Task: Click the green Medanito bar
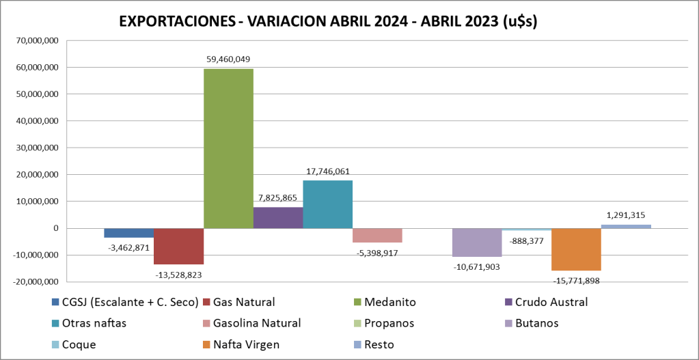coord(228,148)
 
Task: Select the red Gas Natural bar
coord(178,246)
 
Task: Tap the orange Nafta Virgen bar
coord(576,249)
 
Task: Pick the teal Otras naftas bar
coord(327,204)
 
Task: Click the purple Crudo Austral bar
coord(278,217)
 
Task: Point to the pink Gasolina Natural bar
coord(377,235)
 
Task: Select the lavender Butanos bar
coord(477,243)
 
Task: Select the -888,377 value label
coord(526,240)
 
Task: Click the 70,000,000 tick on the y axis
coord(38,41)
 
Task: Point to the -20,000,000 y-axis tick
coord(36,281)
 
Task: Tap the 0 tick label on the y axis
coord(57,228)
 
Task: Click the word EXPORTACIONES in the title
coord(174,21)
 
